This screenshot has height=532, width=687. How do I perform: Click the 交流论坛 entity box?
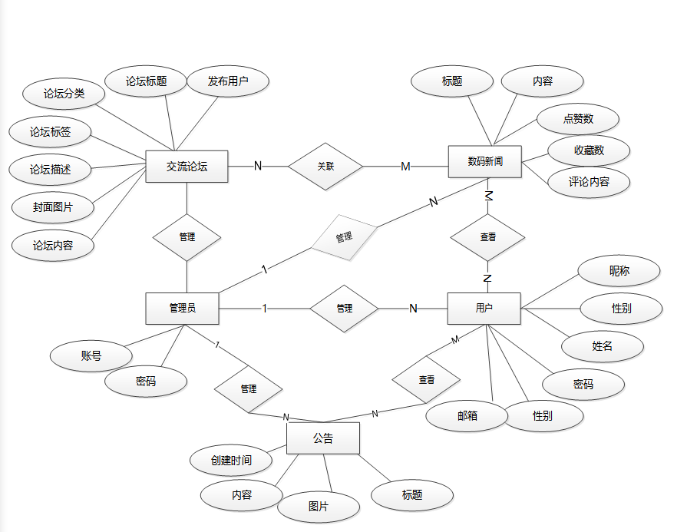(187, 166)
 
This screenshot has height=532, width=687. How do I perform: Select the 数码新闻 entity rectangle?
(484, 161)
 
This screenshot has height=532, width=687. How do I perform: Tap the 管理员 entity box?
(182, 308)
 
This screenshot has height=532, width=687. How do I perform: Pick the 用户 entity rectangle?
(484, 308)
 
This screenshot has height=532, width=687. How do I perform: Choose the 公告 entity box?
(323, 438)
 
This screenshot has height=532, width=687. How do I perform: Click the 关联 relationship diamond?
(325, 166)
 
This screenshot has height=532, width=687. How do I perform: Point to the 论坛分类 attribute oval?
(64, 94)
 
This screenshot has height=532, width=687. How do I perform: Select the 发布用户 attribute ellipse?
(228, 81)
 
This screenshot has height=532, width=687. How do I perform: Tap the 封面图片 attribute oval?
(53, 207)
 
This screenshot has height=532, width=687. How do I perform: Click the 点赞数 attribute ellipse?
(578, 119)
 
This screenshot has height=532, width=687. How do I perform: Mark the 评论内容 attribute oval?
(589, 182)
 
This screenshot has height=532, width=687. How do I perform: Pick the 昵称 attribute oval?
(619, 271)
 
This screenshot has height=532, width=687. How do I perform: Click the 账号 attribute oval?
(91, 355)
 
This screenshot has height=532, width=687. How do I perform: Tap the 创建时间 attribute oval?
(231, 461)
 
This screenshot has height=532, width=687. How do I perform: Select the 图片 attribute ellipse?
(319, 507)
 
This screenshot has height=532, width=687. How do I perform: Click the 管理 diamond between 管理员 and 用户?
(344, 309)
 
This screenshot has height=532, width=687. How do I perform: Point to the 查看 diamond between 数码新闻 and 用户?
(487, 237)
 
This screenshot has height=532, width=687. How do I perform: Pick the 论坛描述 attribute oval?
(51, 169)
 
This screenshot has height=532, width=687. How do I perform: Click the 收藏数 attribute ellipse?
(589, 150)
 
